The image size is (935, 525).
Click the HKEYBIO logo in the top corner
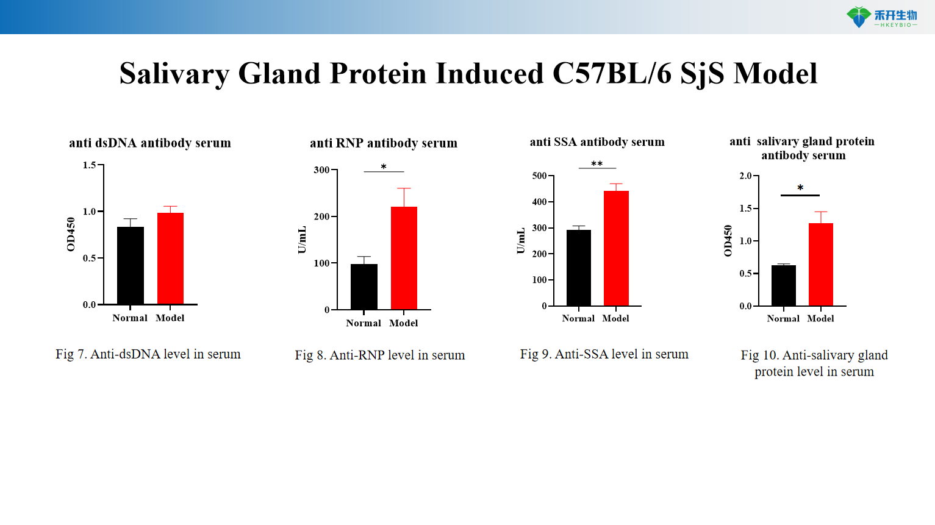coord(881,17)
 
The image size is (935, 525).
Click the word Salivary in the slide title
coord(174,74)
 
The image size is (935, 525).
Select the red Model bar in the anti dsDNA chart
coord(170,258)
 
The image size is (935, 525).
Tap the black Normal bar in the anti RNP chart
coord(364,287)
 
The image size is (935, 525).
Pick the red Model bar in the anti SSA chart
coord(616,248)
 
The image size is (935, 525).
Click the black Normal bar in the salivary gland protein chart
coord(783,285)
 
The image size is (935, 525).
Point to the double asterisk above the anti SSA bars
coord(596,163)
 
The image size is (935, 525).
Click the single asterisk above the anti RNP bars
coord(384,167)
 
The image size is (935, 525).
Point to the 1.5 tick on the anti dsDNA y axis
coord(90,165)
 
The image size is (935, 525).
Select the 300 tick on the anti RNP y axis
coord(321,170)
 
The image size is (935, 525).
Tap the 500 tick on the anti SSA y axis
coord(539,176)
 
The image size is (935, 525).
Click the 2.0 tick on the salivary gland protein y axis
coord(745,176)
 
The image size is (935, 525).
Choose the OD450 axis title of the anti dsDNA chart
coord(71,234)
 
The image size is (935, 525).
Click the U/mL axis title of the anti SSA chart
coord(520,241)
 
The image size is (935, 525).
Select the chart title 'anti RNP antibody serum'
coord(383,143)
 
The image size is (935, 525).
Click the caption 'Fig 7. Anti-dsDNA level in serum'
coord(148,354)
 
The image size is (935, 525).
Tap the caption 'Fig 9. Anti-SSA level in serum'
coord(604,354)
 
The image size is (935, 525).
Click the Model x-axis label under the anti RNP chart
coord(403,323)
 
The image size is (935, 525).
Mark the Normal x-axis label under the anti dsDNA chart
coord(130,318)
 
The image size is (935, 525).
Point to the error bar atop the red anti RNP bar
coord(404,196)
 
